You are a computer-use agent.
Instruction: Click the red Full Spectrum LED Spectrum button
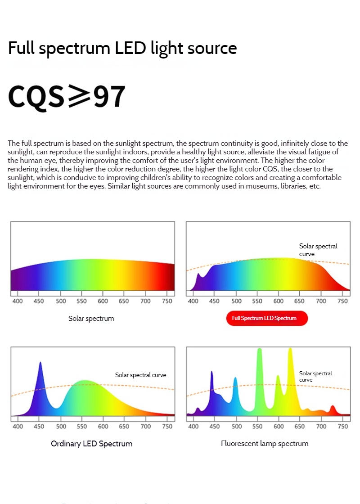(267, 318)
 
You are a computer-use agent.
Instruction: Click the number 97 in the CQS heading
(109, 96)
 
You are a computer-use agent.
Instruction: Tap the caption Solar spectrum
(91, 319)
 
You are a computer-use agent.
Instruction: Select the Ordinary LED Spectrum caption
(91, 444)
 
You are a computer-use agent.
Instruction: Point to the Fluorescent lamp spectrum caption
(265, 444)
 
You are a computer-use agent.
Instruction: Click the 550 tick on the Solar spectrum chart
(81, 301)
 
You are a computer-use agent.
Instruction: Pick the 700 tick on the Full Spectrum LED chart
(321, 301)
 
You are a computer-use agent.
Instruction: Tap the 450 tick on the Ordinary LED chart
(39, 426)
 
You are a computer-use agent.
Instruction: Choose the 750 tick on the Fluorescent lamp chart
(343, 426)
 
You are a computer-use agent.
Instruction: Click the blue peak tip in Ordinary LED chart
(40, 363)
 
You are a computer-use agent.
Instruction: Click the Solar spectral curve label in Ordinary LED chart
(140, 375)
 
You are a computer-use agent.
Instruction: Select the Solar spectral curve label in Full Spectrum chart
(318, 250)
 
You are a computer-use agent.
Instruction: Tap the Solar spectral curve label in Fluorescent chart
(315, 377)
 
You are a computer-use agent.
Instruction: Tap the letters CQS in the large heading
(36, 96)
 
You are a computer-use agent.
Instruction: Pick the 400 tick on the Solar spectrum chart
(18, 301)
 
